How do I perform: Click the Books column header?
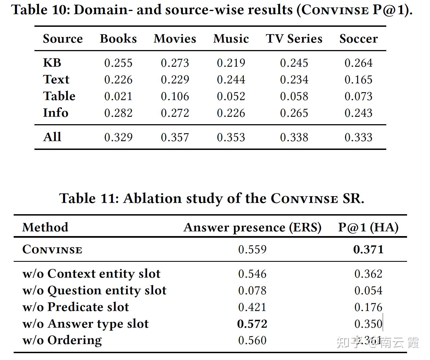click(x=118, y=39)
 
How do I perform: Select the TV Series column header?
click(x=294, y=39)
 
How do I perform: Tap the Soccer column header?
click(x=358, y=39)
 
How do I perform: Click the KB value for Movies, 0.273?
click(x=175, y=63)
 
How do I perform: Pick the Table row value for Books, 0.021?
click(x=118, y=96)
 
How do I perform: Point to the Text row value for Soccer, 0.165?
click(x=358, y=80)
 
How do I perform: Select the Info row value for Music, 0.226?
click(x=231, y=113)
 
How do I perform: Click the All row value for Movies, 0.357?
click(x=175, y=137)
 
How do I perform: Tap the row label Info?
click(x=55, y=113)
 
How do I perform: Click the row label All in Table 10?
click(x=52, y=137)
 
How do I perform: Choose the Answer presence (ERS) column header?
click(x=252, y=227)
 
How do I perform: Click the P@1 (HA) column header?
click(x=368, y=227)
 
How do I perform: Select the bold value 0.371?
click(x=368, y=249)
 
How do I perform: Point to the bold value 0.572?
click(x=252, y=324)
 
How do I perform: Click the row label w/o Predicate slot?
click(x=75, y=307)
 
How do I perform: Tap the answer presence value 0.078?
click(x=252, y=291)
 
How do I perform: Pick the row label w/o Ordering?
click(x=62, y=340)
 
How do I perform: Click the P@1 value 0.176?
click(x=368, y=307)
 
